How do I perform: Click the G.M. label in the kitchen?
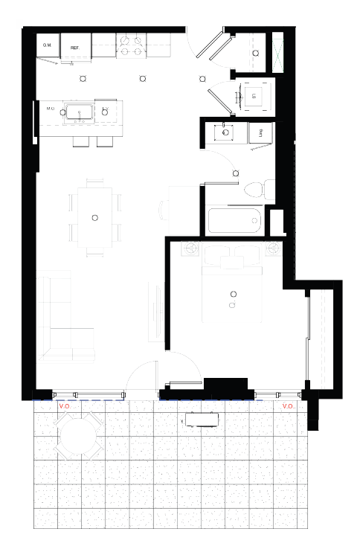46,46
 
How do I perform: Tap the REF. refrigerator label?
75,48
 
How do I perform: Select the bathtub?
233,221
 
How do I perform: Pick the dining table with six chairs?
94,217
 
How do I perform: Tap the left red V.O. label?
64,406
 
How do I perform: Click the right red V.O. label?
288,406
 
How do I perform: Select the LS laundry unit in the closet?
254,95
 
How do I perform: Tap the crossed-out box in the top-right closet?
278,53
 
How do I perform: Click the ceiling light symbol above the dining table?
94,217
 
